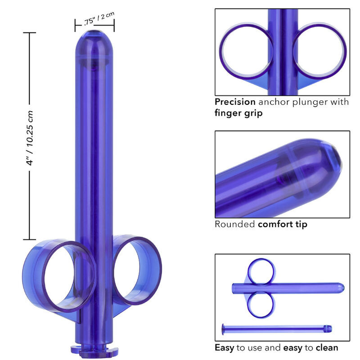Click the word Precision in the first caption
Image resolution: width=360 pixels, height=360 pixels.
[234, 102]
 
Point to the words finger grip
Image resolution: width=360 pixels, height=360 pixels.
[238, 113]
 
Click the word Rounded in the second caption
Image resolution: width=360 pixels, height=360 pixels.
[234, 224]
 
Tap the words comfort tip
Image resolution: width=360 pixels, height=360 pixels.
[283, 224]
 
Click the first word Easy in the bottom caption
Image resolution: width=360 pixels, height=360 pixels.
[225, 347]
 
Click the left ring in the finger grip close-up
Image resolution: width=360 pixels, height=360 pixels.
[246, 49]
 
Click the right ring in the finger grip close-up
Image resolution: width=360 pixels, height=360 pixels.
[319, 49]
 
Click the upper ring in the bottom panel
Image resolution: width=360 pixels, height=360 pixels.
[261, 271]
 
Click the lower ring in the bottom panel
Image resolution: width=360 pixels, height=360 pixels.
[261, 304]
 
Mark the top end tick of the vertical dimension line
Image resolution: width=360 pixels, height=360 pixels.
[30, 33]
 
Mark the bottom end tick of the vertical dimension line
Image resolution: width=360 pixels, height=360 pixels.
[30, 240]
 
